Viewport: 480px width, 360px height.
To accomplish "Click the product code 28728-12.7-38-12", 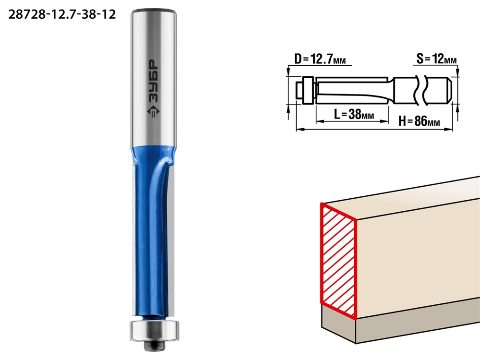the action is point(62,14).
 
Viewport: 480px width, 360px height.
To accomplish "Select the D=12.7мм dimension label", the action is point(320,59).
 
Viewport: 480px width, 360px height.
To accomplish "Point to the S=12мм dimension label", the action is point(436,59).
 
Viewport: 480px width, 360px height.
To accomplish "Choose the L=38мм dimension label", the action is point(354,115).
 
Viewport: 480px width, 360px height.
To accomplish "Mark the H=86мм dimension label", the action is point(419,121).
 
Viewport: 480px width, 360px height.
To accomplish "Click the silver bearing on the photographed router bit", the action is point(154,330).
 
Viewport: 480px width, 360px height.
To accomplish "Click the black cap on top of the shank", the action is point(154,12).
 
